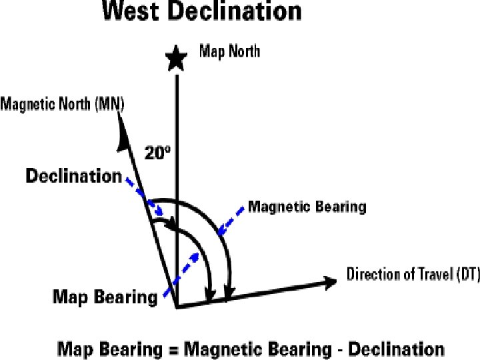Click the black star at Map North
[x=176, y=58]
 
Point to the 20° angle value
[x=158, y=152]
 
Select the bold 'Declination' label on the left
[x=73, y=177]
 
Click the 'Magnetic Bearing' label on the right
[x=307, y=207]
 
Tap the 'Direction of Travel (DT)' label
[x=413, y=274]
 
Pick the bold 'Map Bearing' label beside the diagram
[x=105, y=297]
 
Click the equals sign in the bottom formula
[x=173, y=349]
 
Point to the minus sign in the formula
[x=339, y=349]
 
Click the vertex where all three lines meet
[x=176, y=308]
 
